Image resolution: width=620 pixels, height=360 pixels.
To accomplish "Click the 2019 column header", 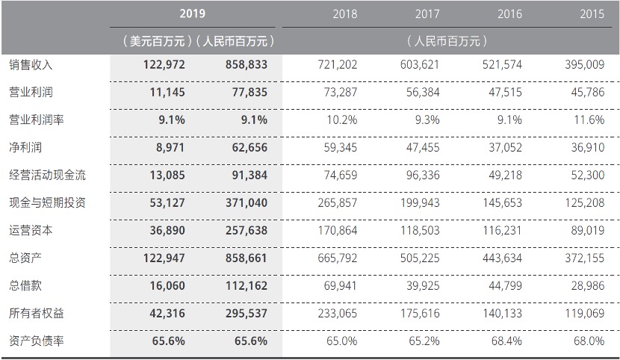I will click(x=193, y=13).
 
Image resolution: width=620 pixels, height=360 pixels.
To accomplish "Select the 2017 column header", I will click(x=427, y=13).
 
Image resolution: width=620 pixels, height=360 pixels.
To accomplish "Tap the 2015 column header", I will click(x=592, y=13).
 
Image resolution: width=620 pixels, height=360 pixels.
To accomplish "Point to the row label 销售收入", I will click(x=31, y=65).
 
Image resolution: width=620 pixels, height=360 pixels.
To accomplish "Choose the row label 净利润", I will click(x=25, y=148).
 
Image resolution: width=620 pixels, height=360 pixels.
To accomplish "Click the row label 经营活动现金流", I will click(x=46, y=176).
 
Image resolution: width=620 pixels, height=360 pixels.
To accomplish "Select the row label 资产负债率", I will click(x=36, y=341).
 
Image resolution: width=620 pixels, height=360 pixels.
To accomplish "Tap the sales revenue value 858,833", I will click(x=245, y=65).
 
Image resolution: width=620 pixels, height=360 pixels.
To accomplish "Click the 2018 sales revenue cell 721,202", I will click(x=338, y=65).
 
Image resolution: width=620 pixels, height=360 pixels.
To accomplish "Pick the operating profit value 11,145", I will click(x=164, y=93).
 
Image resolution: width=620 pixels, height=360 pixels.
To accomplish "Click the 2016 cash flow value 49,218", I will click(x=505, y=176).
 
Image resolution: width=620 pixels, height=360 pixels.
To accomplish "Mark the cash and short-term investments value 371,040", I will click(x=245, y=203).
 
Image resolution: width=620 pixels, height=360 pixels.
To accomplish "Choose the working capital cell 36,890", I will click(x=164, y=231).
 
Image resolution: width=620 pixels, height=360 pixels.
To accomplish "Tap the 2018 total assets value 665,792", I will click(x=338, y=258).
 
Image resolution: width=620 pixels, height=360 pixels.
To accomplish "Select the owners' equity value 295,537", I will click(x=245, y=314).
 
